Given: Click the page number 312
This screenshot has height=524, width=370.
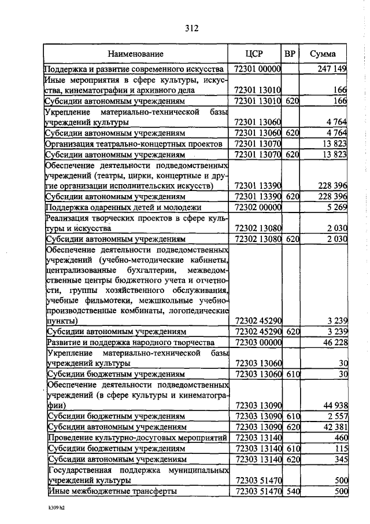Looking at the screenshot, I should pyautogui.click(x=192, y=27).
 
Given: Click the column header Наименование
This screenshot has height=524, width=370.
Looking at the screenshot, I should pyautogui.click(x=136, y=54).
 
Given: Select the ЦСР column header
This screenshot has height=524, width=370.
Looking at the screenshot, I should pyautogui.click(x=254, y=54).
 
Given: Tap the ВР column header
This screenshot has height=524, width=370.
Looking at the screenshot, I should pyautogui.click(x=290, y=54).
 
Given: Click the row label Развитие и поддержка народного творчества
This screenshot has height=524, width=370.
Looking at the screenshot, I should pyautogui.click(x=131, y=342).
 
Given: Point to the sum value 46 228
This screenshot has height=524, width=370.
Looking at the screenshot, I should pyautogui.click(x=334, y=342).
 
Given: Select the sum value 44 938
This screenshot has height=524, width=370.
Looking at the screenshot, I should pyautogui.click(x=334, y=405).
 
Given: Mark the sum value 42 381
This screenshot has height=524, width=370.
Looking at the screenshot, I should pyautogui.click(x=334, y=427).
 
